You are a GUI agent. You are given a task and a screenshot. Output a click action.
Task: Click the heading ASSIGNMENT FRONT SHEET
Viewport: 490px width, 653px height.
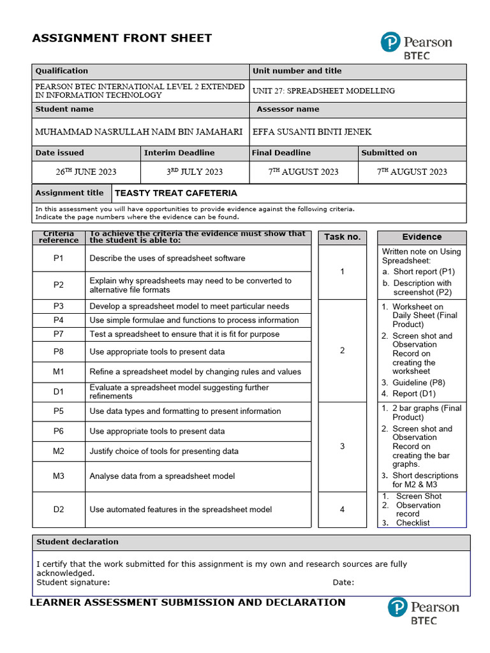click(122, 38)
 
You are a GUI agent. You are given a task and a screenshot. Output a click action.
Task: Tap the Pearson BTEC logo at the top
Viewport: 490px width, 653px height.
click(416, 46)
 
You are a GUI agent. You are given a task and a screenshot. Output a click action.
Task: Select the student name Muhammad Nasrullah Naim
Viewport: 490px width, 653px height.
click(138, 132)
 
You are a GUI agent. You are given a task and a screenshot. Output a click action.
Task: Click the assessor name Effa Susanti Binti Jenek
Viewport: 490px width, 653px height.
click(312, 132)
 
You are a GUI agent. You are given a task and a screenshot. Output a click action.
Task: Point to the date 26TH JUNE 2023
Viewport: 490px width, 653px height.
click(86, 172)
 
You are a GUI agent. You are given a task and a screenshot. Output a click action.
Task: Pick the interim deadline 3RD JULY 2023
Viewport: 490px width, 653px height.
click(195, 172)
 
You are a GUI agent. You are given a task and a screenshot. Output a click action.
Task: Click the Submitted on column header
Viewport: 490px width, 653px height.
click(389, 153)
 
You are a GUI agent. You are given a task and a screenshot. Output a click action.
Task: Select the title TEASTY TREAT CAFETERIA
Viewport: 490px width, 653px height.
click(175, 193)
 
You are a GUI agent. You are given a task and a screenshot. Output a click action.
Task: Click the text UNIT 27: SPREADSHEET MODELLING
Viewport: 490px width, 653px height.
click(323, 91)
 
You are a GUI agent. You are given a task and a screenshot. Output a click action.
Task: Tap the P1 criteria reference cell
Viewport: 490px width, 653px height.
click(59, 258)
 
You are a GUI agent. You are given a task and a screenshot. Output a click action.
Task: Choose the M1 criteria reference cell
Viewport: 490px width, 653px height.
click(59, 372)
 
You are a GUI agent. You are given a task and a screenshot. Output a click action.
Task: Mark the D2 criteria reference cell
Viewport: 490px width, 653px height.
click(59, 510)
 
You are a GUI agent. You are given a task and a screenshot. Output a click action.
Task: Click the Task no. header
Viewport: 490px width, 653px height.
click(342, 237)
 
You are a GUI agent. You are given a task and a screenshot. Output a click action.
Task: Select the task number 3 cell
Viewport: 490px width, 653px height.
click(342, 446)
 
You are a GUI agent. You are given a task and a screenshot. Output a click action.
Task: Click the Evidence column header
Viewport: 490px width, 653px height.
click(422, 237)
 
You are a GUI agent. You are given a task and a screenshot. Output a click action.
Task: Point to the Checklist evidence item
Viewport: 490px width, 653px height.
click(413, 523)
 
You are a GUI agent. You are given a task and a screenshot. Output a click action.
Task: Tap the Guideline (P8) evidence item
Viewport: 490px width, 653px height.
click(419, 383)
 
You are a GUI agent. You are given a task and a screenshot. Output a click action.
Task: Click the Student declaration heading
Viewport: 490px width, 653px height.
click(77, 542)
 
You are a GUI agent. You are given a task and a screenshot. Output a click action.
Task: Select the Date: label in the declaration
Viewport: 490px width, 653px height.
click(343, 582)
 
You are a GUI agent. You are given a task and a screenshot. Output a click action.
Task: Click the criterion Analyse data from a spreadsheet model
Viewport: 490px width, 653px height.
click(162, 476)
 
